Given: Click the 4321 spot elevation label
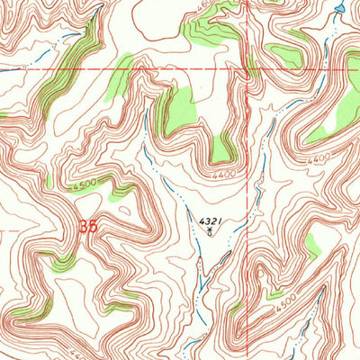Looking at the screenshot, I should coord(209,219).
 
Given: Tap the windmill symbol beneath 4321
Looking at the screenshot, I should coord(209,230).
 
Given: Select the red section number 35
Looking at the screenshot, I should coord(87,228).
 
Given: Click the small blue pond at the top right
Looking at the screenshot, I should coord(337,10).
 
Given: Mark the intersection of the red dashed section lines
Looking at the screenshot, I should coord(245,69).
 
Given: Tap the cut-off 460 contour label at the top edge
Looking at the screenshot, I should coord(205,4).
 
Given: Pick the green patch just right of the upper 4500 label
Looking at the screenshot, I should coord(118,191).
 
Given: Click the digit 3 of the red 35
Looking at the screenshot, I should coord(82,228).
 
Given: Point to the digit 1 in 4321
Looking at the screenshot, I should coord(220,219).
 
